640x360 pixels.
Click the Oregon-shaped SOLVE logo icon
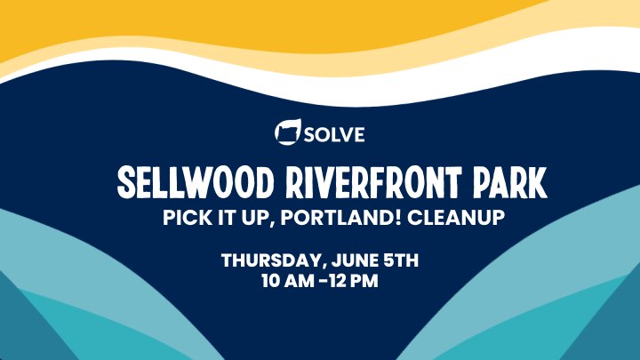point(288,132)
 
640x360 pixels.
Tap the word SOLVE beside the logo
point(334,135)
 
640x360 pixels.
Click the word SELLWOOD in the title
point(196,182)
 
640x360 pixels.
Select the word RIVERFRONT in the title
point(374,182)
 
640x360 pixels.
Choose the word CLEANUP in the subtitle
point(456,217)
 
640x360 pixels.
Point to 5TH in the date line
point(401,260)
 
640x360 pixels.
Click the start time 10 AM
point(288,281)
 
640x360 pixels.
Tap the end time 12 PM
point(354,281)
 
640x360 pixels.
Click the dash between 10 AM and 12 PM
point(323,281)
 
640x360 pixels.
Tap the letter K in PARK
point(537,182)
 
